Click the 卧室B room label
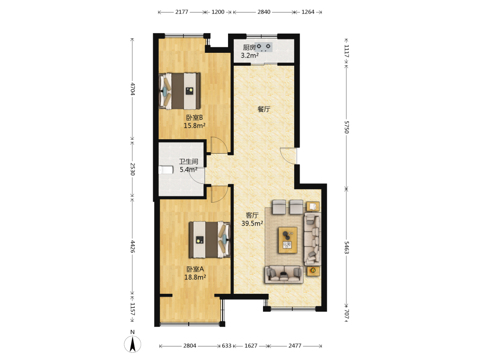click(194, 118)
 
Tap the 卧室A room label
click(195, 269)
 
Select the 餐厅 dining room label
click(264, 109)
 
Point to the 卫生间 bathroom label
click(189, 161)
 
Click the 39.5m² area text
click(252, 224)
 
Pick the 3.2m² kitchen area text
click(250, 55)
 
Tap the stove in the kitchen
click(264, 47)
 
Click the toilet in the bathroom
click(166, 170)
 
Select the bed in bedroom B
click(180, 91)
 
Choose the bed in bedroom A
click(209, 240)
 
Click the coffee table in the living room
click(288, 240)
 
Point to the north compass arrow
click(132, 344)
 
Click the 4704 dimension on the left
click(132, 89)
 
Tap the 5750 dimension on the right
click(346, 127)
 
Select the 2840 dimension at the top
click(264, 12)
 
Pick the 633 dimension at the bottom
click(227, 346)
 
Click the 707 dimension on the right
click(346, 314)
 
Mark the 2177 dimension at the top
click(181, 12)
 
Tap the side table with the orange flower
click(313, 271)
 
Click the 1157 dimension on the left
click(132, 309)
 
